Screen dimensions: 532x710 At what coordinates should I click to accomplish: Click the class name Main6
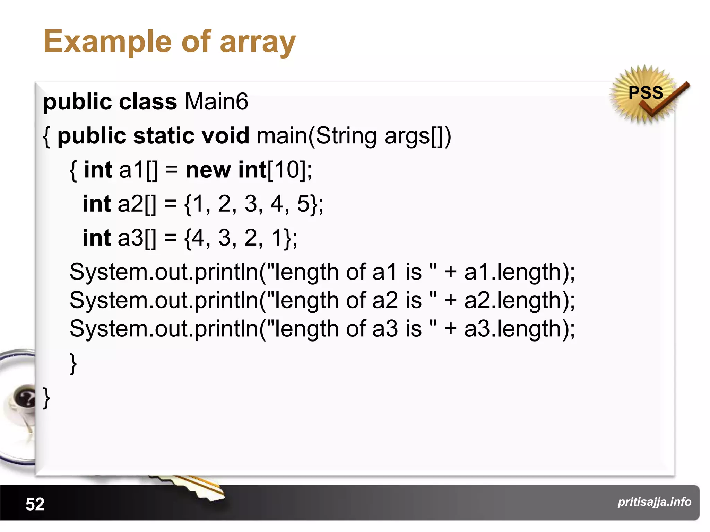pyautogui.click(x=216, y=102)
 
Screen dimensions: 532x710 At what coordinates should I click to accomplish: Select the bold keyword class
pyautogui.click(x=148, y=102)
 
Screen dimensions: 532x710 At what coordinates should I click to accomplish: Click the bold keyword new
pyautogui.click(x=208, y=170)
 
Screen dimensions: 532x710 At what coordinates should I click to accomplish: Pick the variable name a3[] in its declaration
pyautogui.click(x=137, y=238)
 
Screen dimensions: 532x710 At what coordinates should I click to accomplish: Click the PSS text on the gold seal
pyautogui.click(x=646, y=93)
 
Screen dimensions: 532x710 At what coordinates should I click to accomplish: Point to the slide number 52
pyautogui.click(x=35, y=504)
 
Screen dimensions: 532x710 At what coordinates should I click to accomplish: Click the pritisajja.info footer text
pyautogui.click(x=654, y=502)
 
